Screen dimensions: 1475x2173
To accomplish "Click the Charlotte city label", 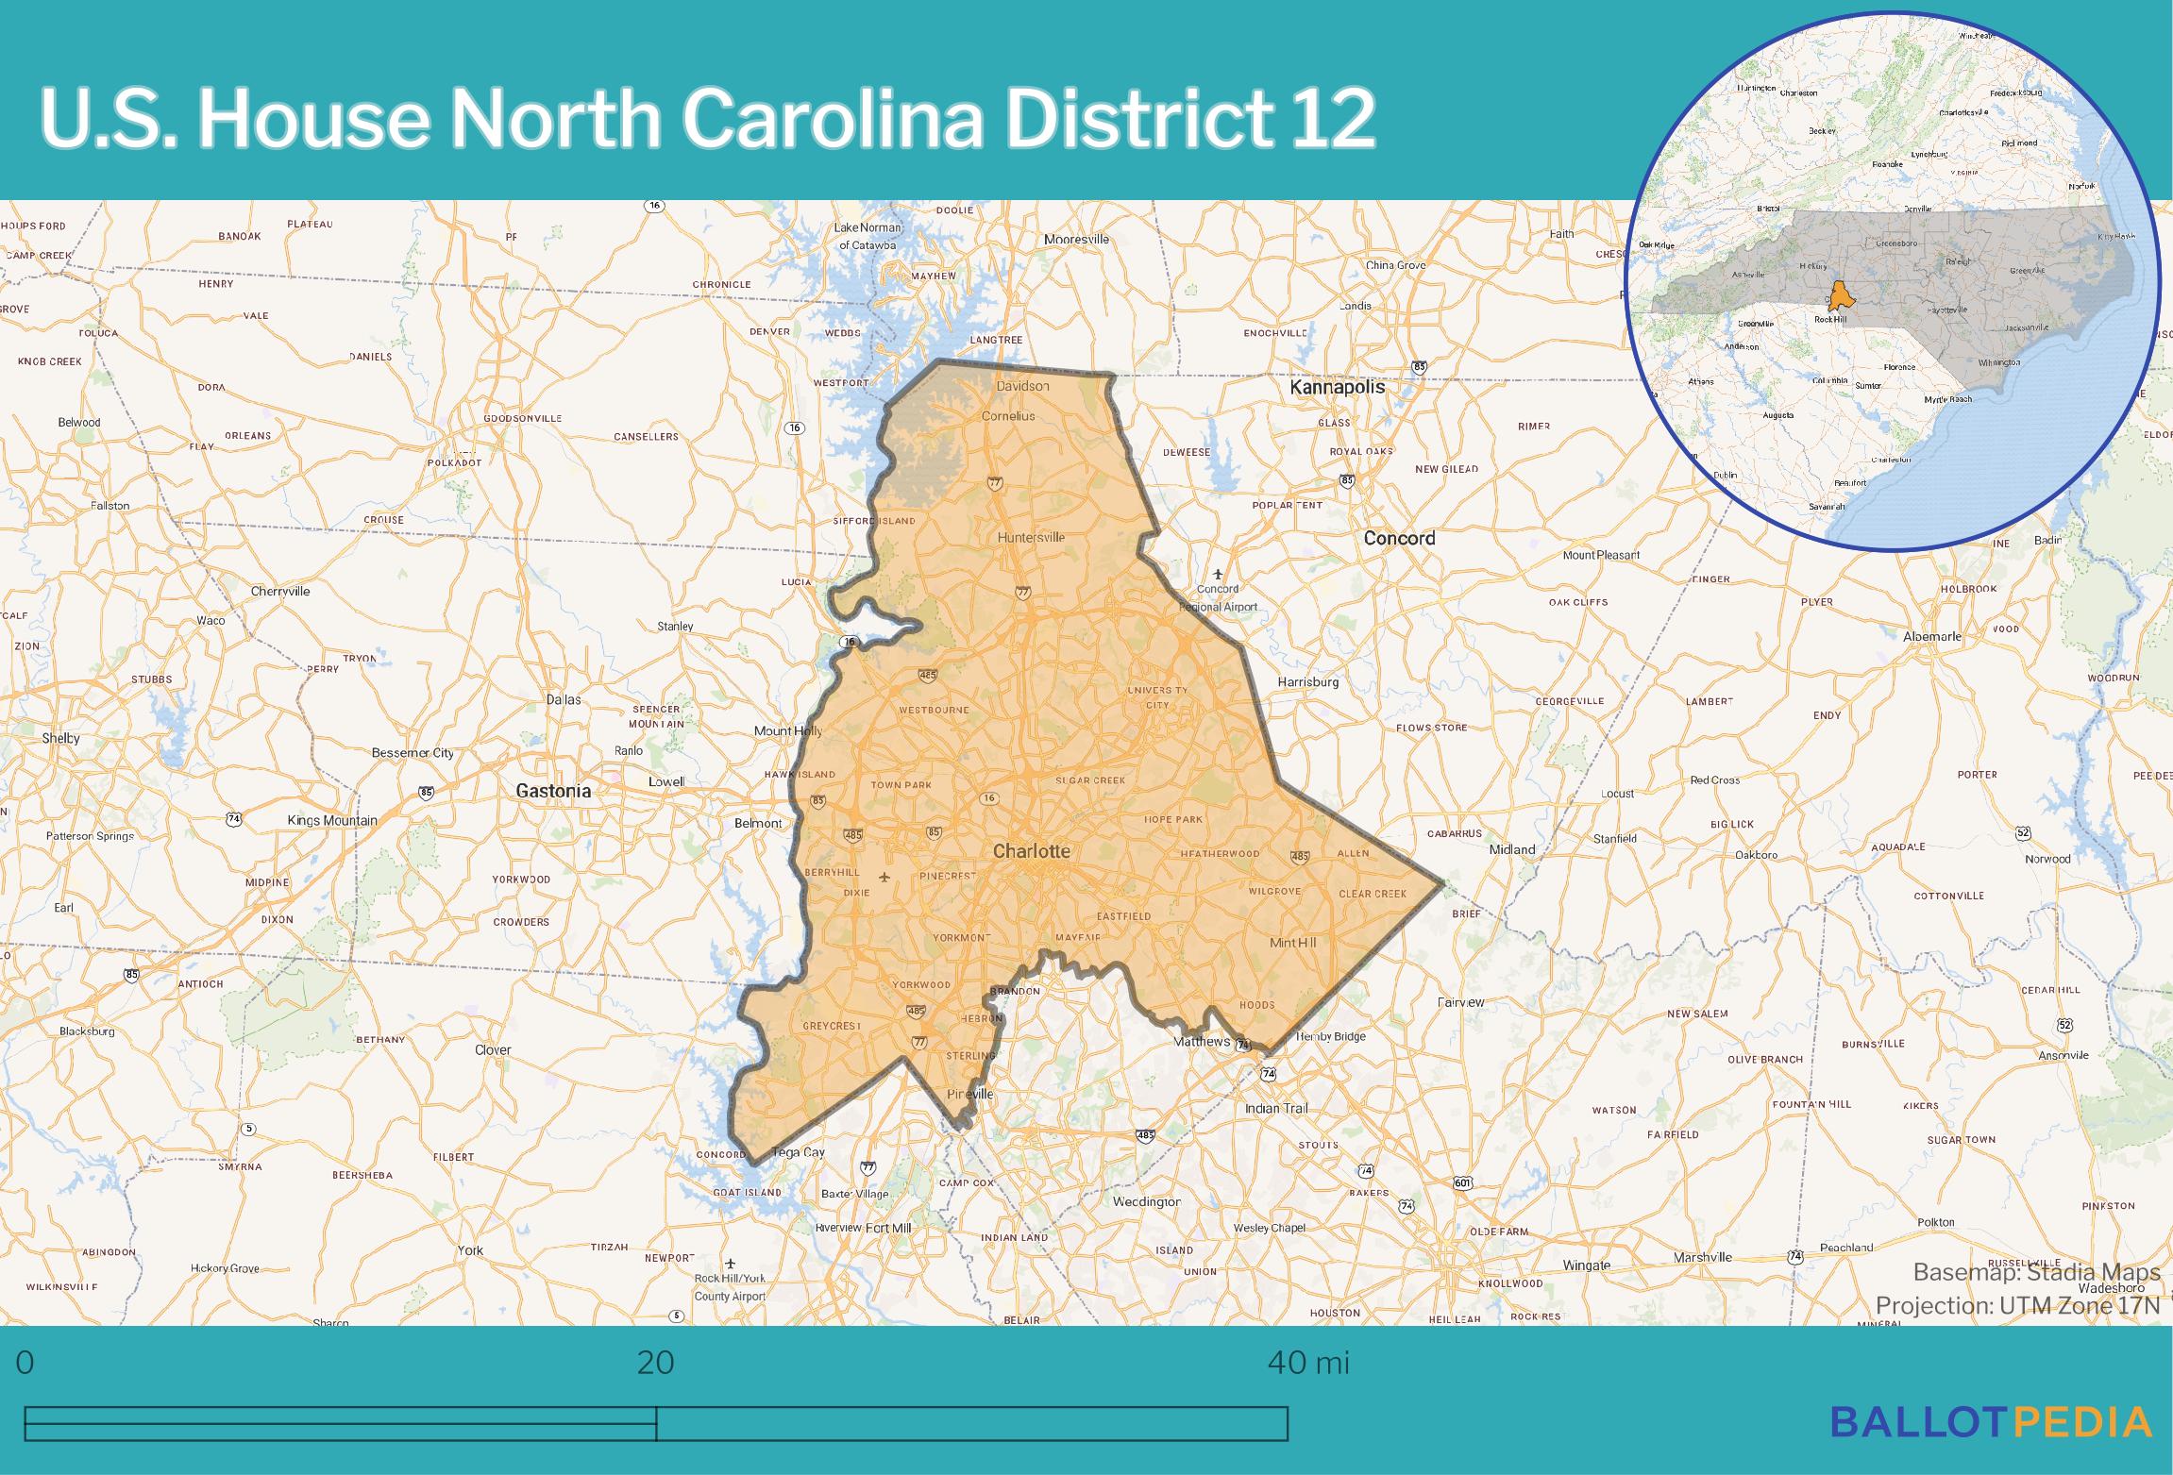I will click(x=1031, y=850).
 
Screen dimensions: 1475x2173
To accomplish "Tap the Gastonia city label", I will click(x=553, y=791).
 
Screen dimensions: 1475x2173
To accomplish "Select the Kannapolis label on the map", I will click(x=1338, y=387).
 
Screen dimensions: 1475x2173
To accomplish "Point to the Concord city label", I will click(x=1399, y=538).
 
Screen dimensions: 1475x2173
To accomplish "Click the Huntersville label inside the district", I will click(x=1031, y=537).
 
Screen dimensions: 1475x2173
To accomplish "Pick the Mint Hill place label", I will click(x=1292, y=942).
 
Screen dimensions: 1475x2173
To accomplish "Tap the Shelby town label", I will click(x=60, y=738).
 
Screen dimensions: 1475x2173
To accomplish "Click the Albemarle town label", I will click(x=1932, y=636).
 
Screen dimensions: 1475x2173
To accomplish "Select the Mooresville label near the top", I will click(x=1076, y=240).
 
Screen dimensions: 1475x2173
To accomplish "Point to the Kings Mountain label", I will click(x=332, y=820).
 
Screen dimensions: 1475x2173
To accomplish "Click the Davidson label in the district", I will click(x=1022, y=386).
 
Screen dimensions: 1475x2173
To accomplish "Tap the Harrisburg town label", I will click(x=1307, y=681).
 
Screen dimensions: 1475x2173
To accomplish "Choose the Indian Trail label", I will click(x=1276, y=1108).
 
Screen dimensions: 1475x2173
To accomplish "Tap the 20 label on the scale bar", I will click(x=656, y=1363).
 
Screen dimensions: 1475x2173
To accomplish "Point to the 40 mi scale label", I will click(x=1308, y=1363).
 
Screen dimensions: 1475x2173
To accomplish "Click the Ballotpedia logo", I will click(x=1991, y=1421).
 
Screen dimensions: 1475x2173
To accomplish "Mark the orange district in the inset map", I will click(x=1840, y=294).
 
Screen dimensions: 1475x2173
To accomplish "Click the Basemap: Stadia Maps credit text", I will click(x=2036, y=1272).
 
